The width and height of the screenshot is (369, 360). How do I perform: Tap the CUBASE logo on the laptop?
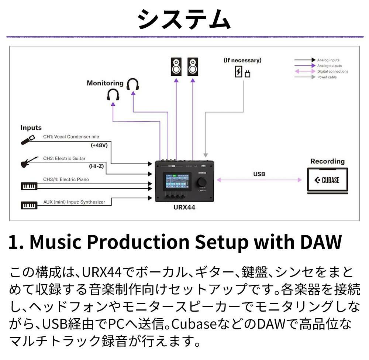(327, 181)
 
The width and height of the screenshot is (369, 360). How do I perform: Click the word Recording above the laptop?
(327, 161)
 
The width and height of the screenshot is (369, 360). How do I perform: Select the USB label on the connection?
(259, 174)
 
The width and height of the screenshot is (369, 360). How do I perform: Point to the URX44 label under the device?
(184, 208)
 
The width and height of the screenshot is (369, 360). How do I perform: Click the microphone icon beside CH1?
(28, 140)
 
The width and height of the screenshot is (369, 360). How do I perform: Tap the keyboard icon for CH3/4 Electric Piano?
(29, 185)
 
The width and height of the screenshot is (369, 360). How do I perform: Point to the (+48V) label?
(99, 145)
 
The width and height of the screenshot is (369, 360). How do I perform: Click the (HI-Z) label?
(96, 167)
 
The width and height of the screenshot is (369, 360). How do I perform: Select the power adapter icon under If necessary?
(242, 72)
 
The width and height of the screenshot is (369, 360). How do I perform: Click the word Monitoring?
(105, 83)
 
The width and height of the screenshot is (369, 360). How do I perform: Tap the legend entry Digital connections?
(332, 71)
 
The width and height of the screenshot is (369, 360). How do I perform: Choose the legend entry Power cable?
(327, 77)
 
